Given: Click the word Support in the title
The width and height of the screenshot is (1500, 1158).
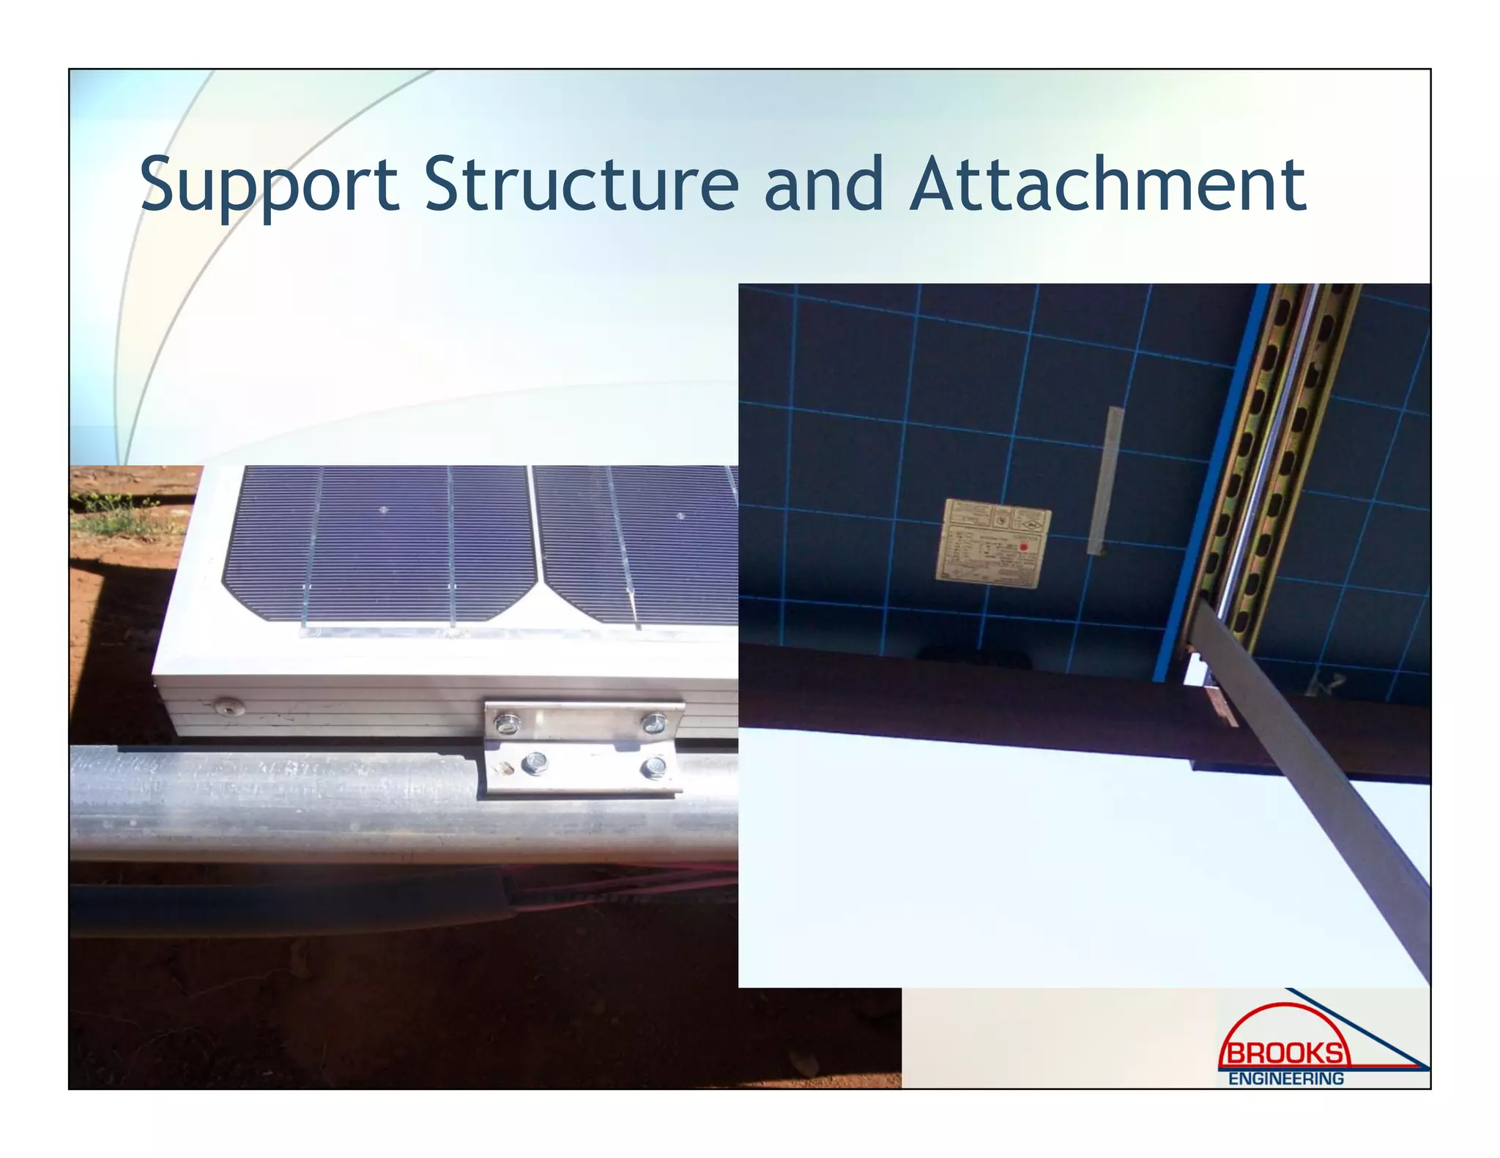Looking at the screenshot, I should click(269, 184).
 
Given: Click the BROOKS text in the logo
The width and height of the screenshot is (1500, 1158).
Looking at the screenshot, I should click(1285, 1054).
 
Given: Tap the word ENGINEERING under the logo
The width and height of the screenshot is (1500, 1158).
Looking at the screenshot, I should click(1285, 1079).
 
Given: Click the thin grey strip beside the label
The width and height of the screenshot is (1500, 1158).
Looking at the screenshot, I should click(1105, 480).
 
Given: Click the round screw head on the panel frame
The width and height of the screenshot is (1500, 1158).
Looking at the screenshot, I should click(226, 707).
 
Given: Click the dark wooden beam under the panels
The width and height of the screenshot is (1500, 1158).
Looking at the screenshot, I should click(952, 688).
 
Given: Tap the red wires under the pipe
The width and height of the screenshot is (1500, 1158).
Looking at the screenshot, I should click(623, 889).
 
